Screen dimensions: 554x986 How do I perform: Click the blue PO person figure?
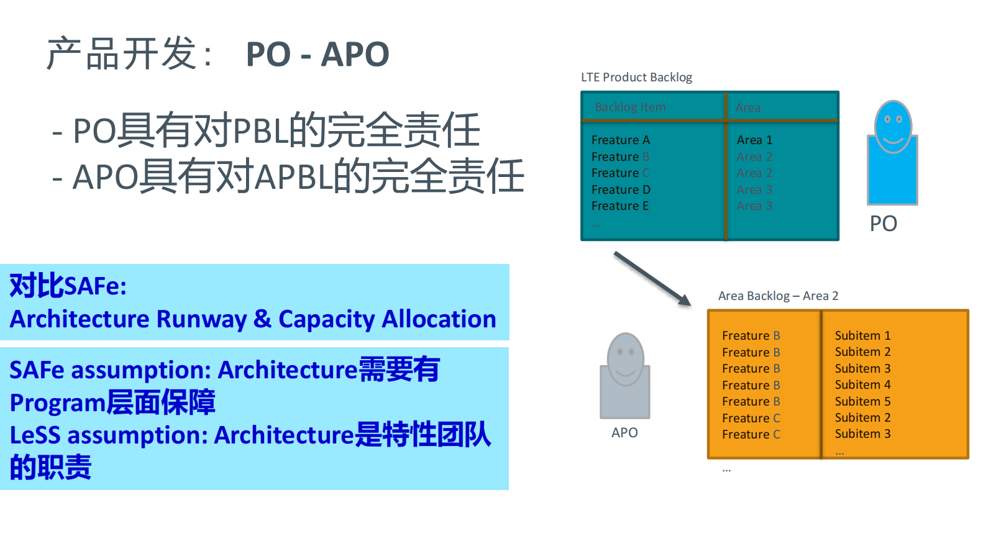(x=892, y=155)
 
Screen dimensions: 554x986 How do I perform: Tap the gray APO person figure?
(x=625, y=376)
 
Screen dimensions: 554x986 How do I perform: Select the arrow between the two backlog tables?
(x=652, y=278)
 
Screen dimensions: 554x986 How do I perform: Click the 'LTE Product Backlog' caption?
(x=636, y=78)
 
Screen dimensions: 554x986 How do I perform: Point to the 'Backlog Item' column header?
(x=630, y=107)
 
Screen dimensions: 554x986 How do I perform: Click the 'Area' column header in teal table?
(x=748, y=108)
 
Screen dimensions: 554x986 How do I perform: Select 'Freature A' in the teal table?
(x=620, y=140)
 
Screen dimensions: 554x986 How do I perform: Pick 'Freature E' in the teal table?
(x=619, y=206)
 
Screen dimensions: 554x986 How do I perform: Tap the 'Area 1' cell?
(x=754, y=140)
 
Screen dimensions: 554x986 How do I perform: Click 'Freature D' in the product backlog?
(x=620, y=189)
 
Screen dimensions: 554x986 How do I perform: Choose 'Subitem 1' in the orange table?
(x=862, y=336)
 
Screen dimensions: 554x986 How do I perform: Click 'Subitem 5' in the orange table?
(x=862, y=402)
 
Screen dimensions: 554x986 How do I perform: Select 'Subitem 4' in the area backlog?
(x=862, y=385)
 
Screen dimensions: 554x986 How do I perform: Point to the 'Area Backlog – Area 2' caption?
(x=778, y=296)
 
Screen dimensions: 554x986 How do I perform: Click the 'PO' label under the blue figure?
(x=883, y=224)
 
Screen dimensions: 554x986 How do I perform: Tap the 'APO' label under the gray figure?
(x=624, y=433)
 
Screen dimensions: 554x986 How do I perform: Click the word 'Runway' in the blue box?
(x=202, y=320)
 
